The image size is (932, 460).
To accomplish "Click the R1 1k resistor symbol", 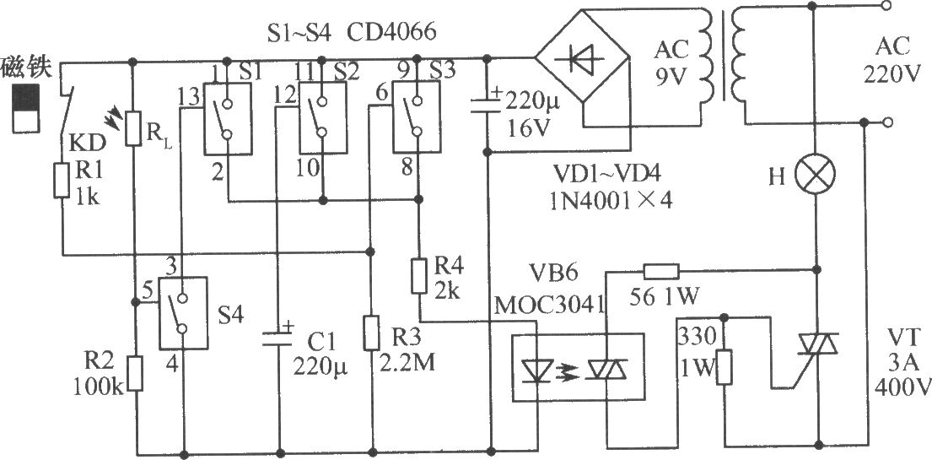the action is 62,181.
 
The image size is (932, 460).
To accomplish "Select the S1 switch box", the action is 226,119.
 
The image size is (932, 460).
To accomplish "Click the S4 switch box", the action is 183,312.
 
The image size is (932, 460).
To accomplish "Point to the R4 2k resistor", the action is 418,276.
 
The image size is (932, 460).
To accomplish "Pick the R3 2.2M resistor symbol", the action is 371,333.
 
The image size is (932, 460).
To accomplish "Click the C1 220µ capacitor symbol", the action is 277,338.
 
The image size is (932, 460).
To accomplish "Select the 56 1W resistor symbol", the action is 660,272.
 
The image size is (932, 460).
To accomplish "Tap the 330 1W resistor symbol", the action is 724,367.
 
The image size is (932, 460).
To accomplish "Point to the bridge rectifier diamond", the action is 582,58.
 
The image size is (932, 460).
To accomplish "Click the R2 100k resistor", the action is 136,373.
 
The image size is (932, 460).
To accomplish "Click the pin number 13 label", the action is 189,98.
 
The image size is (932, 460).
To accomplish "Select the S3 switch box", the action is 417,117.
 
